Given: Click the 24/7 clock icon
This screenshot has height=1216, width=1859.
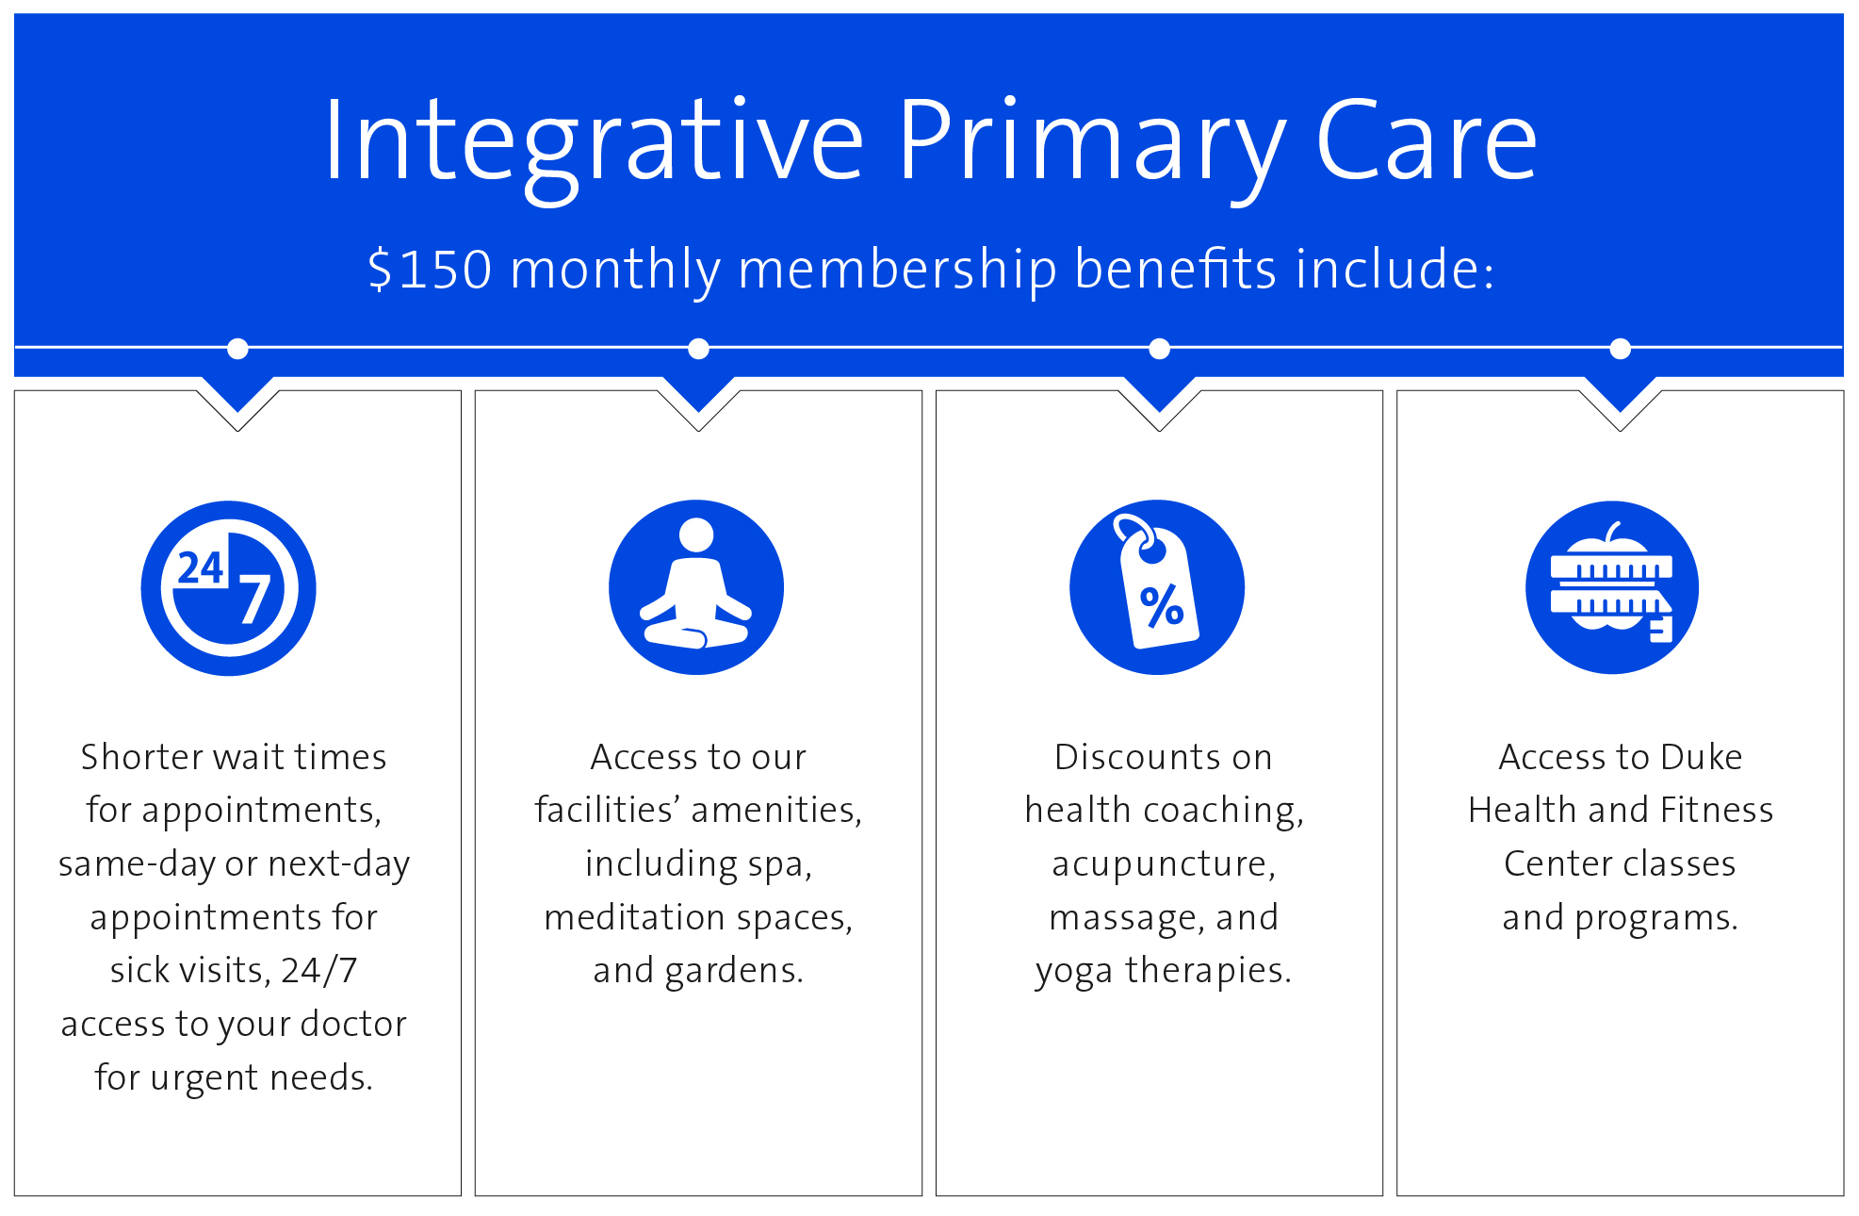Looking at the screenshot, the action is (229, 588).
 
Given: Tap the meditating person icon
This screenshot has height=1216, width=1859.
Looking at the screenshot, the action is (696, 587).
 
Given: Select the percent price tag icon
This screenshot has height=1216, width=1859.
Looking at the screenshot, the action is (1157, 587).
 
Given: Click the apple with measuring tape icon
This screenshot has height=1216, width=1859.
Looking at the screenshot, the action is (1612, 587).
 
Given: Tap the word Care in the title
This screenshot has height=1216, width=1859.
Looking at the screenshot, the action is (1427, 140).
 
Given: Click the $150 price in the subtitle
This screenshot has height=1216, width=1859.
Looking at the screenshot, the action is (430, 269).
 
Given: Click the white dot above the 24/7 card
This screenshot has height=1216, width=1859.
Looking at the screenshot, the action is (237, 349).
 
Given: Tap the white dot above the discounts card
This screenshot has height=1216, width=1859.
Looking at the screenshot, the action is (1160, 349).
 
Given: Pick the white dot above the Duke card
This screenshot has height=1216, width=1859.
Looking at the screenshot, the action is (1621, 349).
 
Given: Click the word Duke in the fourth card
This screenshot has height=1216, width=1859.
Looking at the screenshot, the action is (1702, 757).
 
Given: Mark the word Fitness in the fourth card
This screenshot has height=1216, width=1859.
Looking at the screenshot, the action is (1717, 810).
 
